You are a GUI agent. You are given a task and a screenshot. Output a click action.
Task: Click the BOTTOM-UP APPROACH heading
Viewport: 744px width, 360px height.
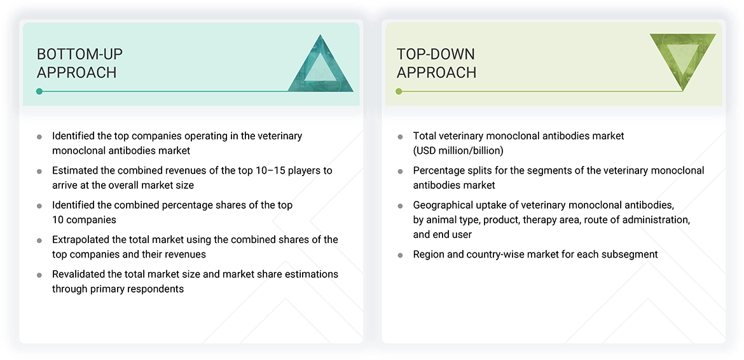(79, 63)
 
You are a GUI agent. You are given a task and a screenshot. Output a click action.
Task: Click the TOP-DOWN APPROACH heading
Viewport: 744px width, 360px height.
(436, 63)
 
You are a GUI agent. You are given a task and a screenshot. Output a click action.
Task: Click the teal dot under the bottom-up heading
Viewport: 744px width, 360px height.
(39, 92)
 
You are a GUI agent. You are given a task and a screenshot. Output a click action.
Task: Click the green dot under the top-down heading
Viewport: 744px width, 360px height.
(399, 92)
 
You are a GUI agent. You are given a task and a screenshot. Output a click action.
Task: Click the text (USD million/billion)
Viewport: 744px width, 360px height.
(458, 151)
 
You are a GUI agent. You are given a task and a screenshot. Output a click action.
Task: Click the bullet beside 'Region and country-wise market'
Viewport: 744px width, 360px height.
(400, 255)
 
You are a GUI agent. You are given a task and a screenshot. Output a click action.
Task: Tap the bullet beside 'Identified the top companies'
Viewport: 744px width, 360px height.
(39, 137)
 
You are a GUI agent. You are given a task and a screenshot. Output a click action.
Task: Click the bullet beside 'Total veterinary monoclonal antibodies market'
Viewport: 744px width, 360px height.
(400, 137)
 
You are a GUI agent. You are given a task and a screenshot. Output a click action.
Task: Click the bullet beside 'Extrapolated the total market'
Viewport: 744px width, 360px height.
(39, 240)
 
